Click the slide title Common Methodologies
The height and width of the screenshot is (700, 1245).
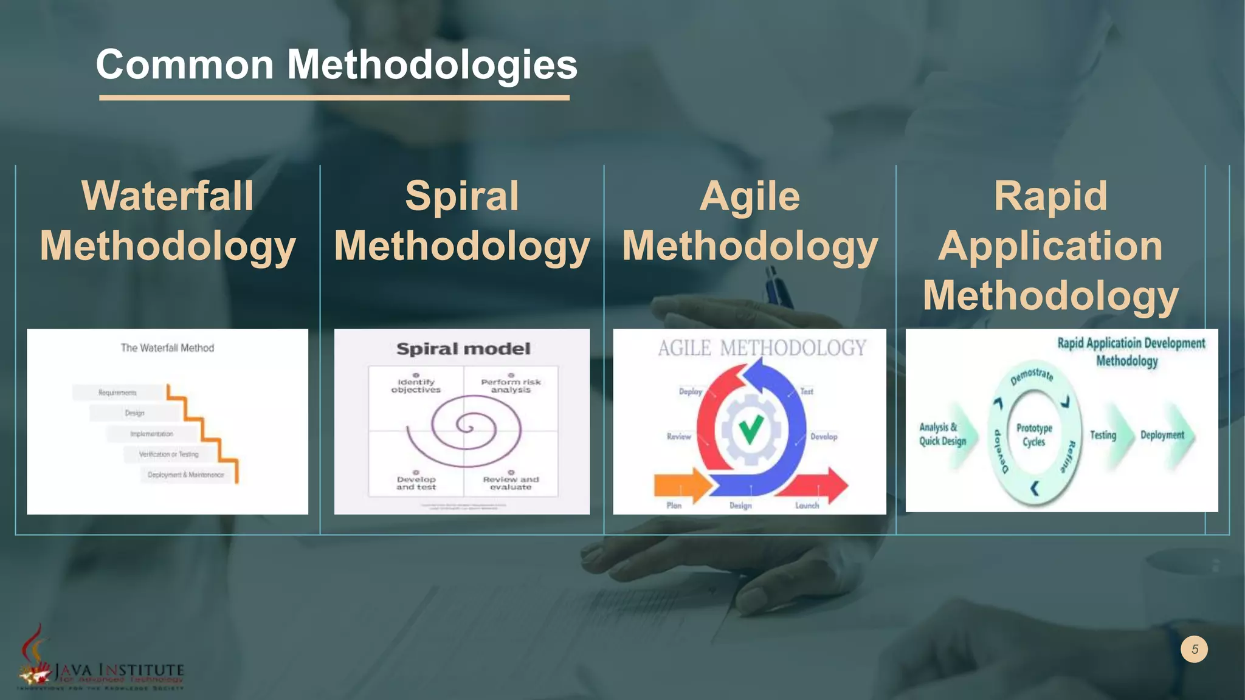pyautogui.click(x=336, y=64)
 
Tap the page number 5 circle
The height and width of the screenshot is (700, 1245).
pyautogui.click(x=1194, y=649)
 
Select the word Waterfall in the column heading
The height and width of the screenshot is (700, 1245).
pyautogui.click(x=167, y=196)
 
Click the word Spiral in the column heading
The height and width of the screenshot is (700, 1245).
pyautogui.click(x=462, y=196)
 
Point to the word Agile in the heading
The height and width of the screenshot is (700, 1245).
pyautogui.click(x=750, y=196)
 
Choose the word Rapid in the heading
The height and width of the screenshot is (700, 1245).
pyautogui.click(x=1050, y=196)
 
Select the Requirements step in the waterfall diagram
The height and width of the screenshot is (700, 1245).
pyautogui.click(x=118, y=393)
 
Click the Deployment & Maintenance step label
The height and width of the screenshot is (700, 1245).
pyautogui.click(x=185, y=475)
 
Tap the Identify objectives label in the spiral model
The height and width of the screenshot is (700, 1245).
pyautogui.click(x=416, y=386)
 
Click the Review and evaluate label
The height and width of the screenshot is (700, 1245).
pyautogui.click(x=511, y=483)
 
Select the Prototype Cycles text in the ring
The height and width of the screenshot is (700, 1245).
pyautogui.click(x=1034, y=434)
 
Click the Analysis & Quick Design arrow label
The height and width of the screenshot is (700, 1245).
pyautogui.click(x=942, y=434)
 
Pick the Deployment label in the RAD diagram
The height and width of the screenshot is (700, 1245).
pyautogui.click(x=1162, y=435)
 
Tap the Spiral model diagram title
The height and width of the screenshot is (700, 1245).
pyautogui.click(x=463, y=349)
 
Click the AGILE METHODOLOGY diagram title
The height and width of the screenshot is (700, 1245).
pyautogui.click(x=762, y=348)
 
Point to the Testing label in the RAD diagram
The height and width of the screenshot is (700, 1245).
pyautogui.click(x=1103, y=435)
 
